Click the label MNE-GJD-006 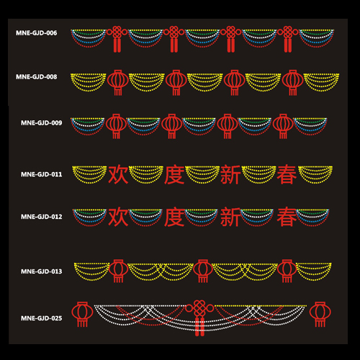click(37, 33)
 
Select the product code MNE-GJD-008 click(37, 77)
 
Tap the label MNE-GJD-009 click(42, 123)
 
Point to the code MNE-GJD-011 click(42, 174)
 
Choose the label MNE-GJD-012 click(42, 217)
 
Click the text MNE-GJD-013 click(42, 271)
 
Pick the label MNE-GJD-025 click(42, 318)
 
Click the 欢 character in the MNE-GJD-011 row click(118, 174)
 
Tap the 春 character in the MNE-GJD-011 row click(287, 174)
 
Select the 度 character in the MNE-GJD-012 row click(174, 217)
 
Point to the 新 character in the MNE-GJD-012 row click(230, 217)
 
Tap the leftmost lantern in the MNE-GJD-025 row click(82, 314)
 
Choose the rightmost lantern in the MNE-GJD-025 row click(320, 314)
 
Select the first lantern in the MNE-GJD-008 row click(118, 83)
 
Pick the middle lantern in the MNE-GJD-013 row click(202, 271)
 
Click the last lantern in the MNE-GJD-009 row click(283, 126)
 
